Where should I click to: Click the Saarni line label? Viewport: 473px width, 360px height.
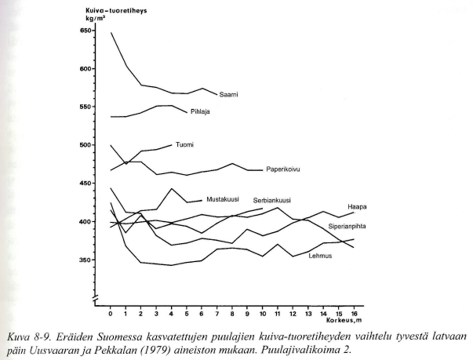point(228,94)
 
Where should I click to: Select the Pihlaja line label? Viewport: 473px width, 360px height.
point(200,111)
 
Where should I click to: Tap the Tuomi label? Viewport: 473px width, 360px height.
point(184,145)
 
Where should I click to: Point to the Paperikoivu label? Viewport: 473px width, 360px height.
point(282,169)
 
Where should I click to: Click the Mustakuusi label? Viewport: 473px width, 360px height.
point(223,199)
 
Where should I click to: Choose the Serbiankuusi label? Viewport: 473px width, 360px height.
point(271,201)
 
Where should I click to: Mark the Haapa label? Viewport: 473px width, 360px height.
point(357,207)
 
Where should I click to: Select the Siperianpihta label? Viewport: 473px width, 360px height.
point(347,226)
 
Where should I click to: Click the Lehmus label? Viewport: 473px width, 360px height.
point(320,256)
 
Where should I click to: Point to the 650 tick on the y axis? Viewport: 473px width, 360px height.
point(85,31)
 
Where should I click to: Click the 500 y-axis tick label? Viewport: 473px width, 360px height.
point(85,145)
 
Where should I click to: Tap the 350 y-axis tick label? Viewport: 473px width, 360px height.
point(85,260)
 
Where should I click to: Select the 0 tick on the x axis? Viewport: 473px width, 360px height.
point(111,314)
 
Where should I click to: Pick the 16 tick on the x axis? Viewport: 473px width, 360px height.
point(353,314)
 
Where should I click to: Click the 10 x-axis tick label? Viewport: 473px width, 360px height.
point(262,314)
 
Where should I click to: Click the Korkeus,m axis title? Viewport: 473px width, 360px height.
point(344,320)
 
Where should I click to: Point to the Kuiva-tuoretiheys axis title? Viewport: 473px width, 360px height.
point(116,11)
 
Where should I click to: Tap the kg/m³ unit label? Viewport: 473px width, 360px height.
point(96,19)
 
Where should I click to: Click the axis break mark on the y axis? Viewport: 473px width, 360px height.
point(95,298)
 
